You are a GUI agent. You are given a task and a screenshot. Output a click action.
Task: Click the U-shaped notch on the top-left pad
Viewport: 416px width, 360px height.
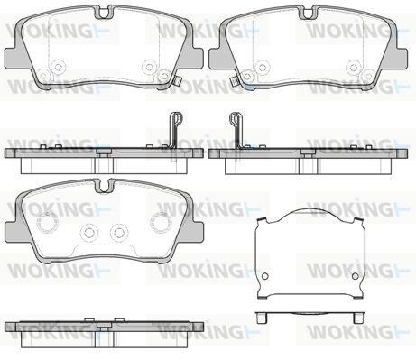click(x=104, y=13)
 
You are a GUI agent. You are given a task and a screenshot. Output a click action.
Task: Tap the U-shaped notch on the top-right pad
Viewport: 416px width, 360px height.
click(x=308, y=13)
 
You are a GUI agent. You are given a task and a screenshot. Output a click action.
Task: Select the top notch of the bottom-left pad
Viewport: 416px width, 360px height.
click(x=104, y=187)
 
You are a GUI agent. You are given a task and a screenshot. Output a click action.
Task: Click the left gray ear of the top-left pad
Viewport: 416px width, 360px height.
click(x=14, y=59)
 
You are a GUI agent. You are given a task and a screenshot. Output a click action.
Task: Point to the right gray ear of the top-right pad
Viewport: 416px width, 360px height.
click(x=399, y=59)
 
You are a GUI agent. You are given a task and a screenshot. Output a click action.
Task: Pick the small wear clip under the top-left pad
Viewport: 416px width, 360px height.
click(x=178, y=80)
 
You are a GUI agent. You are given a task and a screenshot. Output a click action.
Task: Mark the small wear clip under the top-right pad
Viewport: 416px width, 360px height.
click(x=233, y=80)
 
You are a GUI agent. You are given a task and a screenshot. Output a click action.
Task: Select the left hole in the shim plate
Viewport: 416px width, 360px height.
click(x=265, y=276)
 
